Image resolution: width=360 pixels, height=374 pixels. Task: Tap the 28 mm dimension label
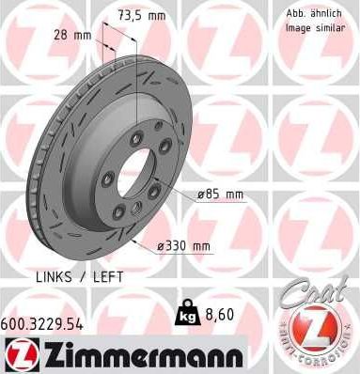pyautogui.click(x=70, y=36)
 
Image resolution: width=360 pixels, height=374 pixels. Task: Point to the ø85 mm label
pyautogui.click(x=220, y=195)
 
